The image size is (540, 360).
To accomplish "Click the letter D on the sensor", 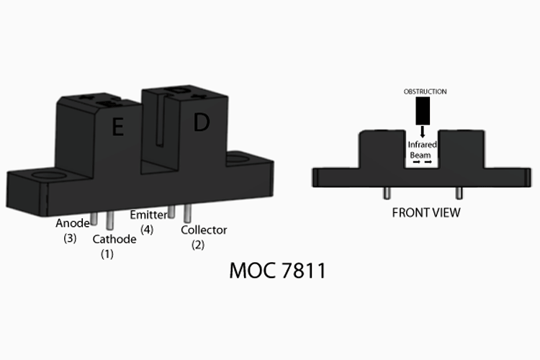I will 201,123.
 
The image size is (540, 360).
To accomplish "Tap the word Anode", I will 72,223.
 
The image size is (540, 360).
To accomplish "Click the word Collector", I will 204,230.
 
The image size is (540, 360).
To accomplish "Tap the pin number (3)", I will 69,238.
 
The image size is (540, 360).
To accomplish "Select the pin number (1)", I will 107,253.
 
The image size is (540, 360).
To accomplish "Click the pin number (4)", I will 147,230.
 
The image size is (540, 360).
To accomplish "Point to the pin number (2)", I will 198,246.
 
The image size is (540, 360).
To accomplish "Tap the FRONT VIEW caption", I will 426,212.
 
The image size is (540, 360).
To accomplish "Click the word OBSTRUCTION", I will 424,91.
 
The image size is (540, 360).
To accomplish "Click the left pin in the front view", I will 387,193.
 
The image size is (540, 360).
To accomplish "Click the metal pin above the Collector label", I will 187,214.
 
